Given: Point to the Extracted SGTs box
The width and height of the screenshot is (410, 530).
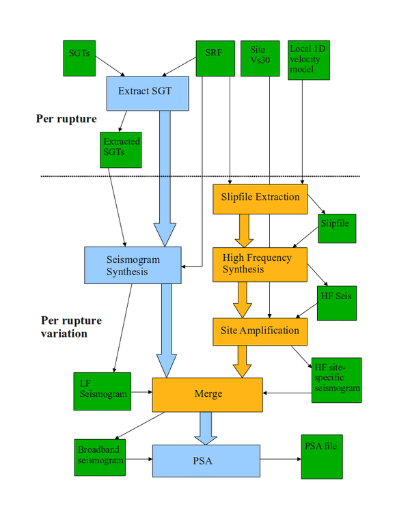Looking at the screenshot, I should tap(121, 149).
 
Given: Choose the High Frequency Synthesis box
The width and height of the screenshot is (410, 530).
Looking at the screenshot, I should tap(260, 264).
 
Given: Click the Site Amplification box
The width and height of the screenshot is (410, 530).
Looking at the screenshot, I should tap(260, 331).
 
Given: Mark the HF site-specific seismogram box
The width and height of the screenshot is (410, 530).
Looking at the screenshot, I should tap(336, 380).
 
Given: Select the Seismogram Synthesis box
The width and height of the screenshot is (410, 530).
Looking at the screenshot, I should tap(133, 265).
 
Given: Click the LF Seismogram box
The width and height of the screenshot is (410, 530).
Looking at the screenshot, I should tap(102, 391).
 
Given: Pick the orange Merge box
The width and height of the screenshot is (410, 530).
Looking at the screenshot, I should tap(207, 395).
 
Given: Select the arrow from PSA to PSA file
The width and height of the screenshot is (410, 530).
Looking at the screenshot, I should tap(280, 460).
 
